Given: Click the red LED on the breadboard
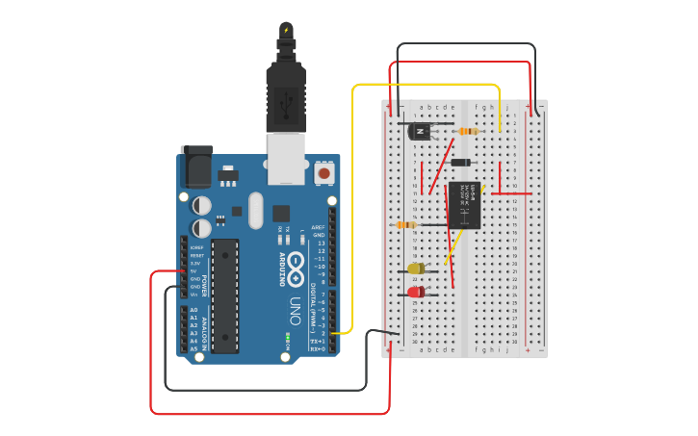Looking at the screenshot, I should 415,292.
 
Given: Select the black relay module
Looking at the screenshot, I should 464,204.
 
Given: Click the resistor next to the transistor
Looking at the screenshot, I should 469,131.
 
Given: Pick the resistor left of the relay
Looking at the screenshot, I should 406,224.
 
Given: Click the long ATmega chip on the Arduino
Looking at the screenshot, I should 224,295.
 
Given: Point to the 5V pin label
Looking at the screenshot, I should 195,270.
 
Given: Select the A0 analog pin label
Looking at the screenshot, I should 194,310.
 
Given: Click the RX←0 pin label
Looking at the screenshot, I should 318,348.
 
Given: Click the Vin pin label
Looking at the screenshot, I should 195,294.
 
